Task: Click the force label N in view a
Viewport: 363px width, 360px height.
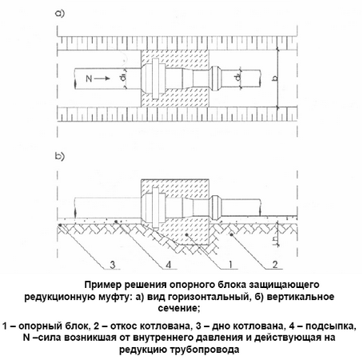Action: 89,78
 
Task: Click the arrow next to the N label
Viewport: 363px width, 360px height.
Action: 102,78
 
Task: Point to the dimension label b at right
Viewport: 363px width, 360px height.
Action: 276,78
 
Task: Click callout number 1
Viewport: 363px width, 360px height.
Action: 230,264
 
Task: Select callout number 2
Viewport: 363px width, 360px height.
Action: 275,264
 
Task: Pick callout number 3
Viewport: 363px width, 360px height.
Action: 112,265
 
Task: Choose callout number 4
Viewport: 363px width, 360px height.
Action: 168,265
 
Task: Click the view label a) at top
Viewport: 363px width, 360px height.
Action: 60,14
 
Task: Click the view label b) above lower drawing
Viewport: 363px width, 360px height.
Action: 60,156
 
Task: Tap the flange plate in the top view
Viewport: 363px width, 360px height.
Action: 155,79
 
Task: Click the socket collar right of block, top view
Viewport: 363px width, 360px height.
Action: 214,78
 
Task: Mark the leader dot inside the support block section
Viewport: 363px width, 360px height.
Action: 187,234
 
